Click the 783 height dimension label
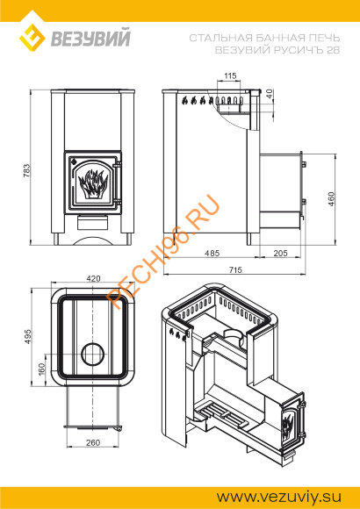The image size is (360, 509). tap(27, 170)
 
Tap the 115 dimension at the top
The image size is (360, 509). tap(230, 76)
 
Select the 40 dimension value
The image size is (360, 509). tap(269, 95)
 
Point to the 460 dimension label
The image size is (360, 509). tap(331, 199)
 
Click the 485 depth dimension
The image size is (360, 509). tap(212, 253)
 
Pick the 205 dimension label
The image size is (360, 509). tap(280, 253)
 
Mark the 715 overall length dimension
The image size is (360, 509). tap(235, 269)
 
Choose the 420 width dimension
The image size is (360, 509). tap(94, 278)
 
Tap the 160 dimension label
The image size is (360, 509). tap(42, 369)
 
